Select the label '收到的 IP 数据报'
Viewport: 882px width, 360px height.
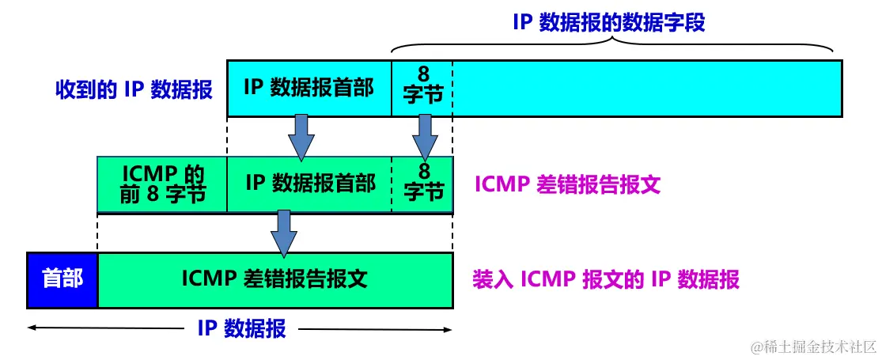pos(134,89)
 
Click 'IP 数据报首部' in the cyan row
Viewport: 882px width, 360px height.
pos(309,87)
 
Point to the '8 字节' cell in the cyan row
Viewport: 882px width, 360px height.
pos(423,88)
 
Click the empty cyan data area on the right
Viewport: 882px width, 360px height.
pos(647,88)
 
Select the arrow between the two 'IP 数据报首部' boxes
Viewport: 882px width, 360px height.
pos(301,136)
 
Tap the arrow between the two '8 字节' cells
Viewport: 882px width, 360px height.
pos(424,136)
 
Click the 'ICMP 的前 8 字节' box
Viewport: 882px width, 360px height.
pos(162,184)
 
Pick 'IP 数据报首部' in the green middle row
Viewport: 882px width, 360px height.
pos(309,184)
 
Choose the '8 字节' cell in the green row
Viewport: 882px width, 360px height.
pos(423,184)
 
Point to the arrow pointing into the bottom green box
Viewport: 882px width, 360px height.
pos(283,233)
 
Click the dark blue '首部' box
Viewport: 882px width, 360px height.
pos(62,279)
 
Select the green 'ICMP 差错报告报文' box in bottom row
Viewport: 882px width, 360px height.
pos(274,279)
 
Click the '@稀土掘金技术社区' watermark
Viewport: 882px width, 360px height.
pos(814,347)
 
